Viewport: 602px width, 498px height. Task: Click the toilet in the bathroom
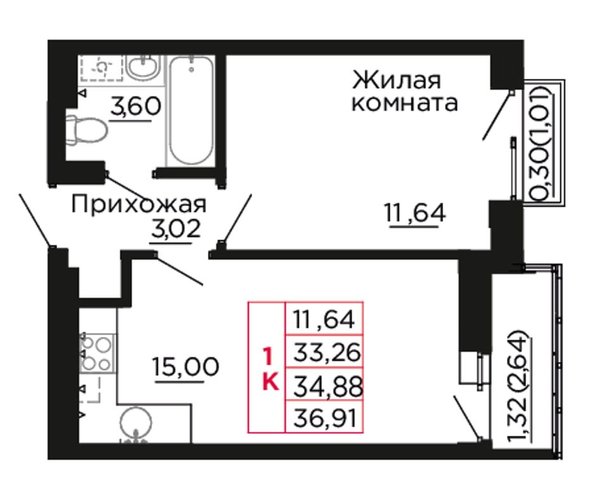(86, 129)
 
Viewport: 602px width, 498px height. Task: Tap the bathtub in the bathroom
(191, 111)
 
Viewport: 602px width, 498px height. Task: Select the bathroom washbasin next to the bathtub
(143, 68)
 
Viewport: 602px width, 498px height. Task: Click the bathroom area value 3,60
(135, 106)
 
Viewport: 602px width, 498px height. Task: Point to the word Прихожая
(139, 204)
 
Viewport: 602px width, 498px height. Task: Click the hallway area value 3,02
(176, 229)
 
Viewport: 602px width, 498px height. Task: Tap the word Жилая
(397, 80)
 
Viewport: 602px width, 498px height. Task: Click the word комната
(405, 103)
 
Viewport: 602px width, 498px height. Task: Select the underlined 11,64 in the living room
(415, 212)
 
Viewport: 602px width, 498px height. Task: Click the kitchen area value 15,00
(186, 366)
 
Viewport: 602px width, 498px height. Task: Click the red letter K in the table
(271, 382)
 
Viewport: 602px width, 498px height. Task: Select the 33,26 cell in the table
(324, 352)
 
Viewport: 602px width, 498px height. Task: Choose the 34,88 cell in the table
(324, 384)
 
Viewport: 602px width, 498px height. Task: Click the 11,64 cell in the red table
(324, 318)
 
